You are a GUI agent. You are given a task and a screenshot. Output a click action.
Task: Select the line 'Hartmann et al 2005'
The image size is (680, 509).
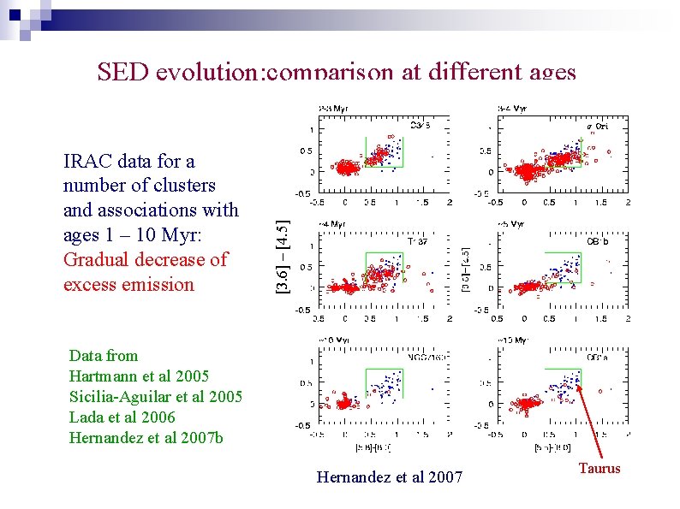point(138,376)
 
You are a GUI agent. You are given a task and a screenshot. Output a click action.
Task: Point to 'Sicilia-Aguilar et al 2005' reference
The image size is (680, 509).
point(155,397)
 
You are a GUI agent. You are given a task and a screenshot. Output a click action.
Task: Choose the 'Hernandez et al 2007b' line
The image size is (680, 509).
point(145,438)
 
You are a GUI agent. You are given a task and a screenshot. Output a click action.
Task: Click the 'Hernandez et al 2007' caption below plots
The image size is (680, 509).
point(389,477)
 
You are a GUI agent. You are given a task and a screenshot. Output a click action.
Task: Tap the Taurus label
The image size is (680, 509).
point(599,468)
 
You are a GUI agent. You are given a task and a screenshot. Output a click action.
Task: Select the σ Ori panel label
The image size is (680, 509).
point(596,126)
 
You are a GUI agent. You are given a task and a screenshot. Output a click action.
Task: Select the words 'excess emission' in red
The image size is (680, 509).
point(128,284)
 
